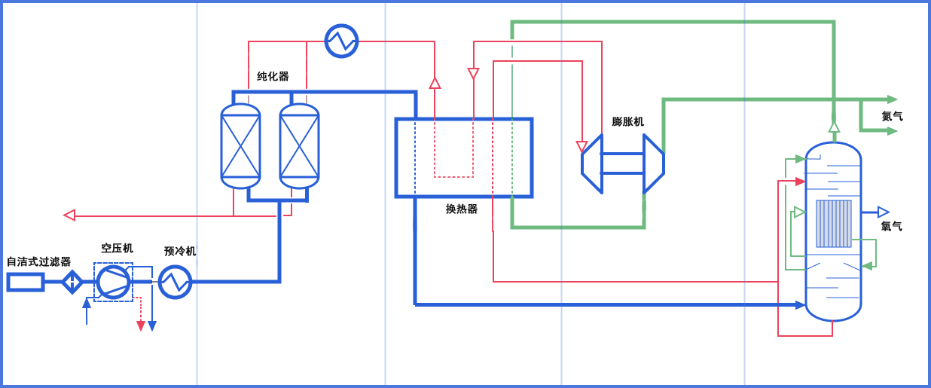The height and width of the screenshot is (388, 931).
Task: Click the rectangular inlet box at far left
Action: coord(25,282)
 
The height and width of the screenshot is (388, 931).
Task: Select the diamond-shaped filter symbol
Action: coord(72,282)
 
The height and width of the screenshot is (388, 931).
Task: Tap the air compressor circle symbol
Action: coord(114,281)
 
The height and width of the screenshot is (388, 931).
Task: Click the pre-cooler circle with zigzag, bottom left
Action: coord(176,281)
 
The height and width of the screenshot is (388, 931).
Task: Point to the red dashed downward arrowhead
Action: coord(141,325)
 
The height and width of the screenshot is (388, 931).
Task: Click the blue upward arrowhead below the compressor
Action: coord(87,304)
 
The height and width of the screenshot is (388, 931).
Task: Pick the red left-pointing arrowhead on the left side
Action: coord(69,215)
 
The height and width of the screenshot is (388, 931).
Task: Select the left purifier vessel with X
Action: coord(240,146)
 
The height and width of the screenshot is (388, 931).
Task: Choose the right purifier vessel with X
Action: coord(299,146)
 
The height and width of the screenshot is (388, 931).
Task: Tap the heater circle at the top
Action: coord(341,41)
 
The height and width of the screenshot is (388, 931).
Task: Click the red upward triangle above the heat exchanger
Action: coord(435,83)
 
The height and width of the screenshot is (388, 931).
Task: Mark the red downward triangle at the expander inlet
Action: coord(581,146)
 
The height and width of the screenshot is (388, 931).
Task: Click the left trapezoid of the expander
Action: coord(593,163)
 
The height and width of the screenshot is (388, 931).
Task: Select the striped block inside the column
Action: coord(834,224)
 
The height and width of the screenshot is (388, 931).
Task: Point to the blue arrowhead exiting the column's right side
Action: coord(883,212)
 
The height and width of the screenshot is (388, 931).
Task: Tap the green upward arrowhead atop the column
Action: coord(834,127)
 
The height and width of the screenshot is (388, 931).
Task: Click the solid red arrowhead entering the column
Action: coord(801,182)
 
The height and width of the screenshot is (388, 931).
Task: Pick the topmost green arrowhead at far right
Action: coord(893,99)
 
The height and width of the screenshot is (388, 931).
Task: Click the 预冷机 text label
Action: coord(180,251)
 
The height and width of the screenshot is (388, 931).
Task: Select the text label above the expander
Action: coord(627,121)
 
